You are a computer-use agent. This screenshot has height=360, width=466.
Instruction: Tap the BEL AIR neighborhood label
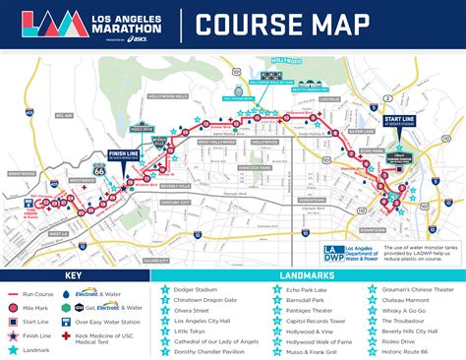point(65,115)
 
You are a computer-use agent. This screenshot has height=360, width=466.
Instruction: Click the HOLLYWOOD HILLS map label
point(168,95)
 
